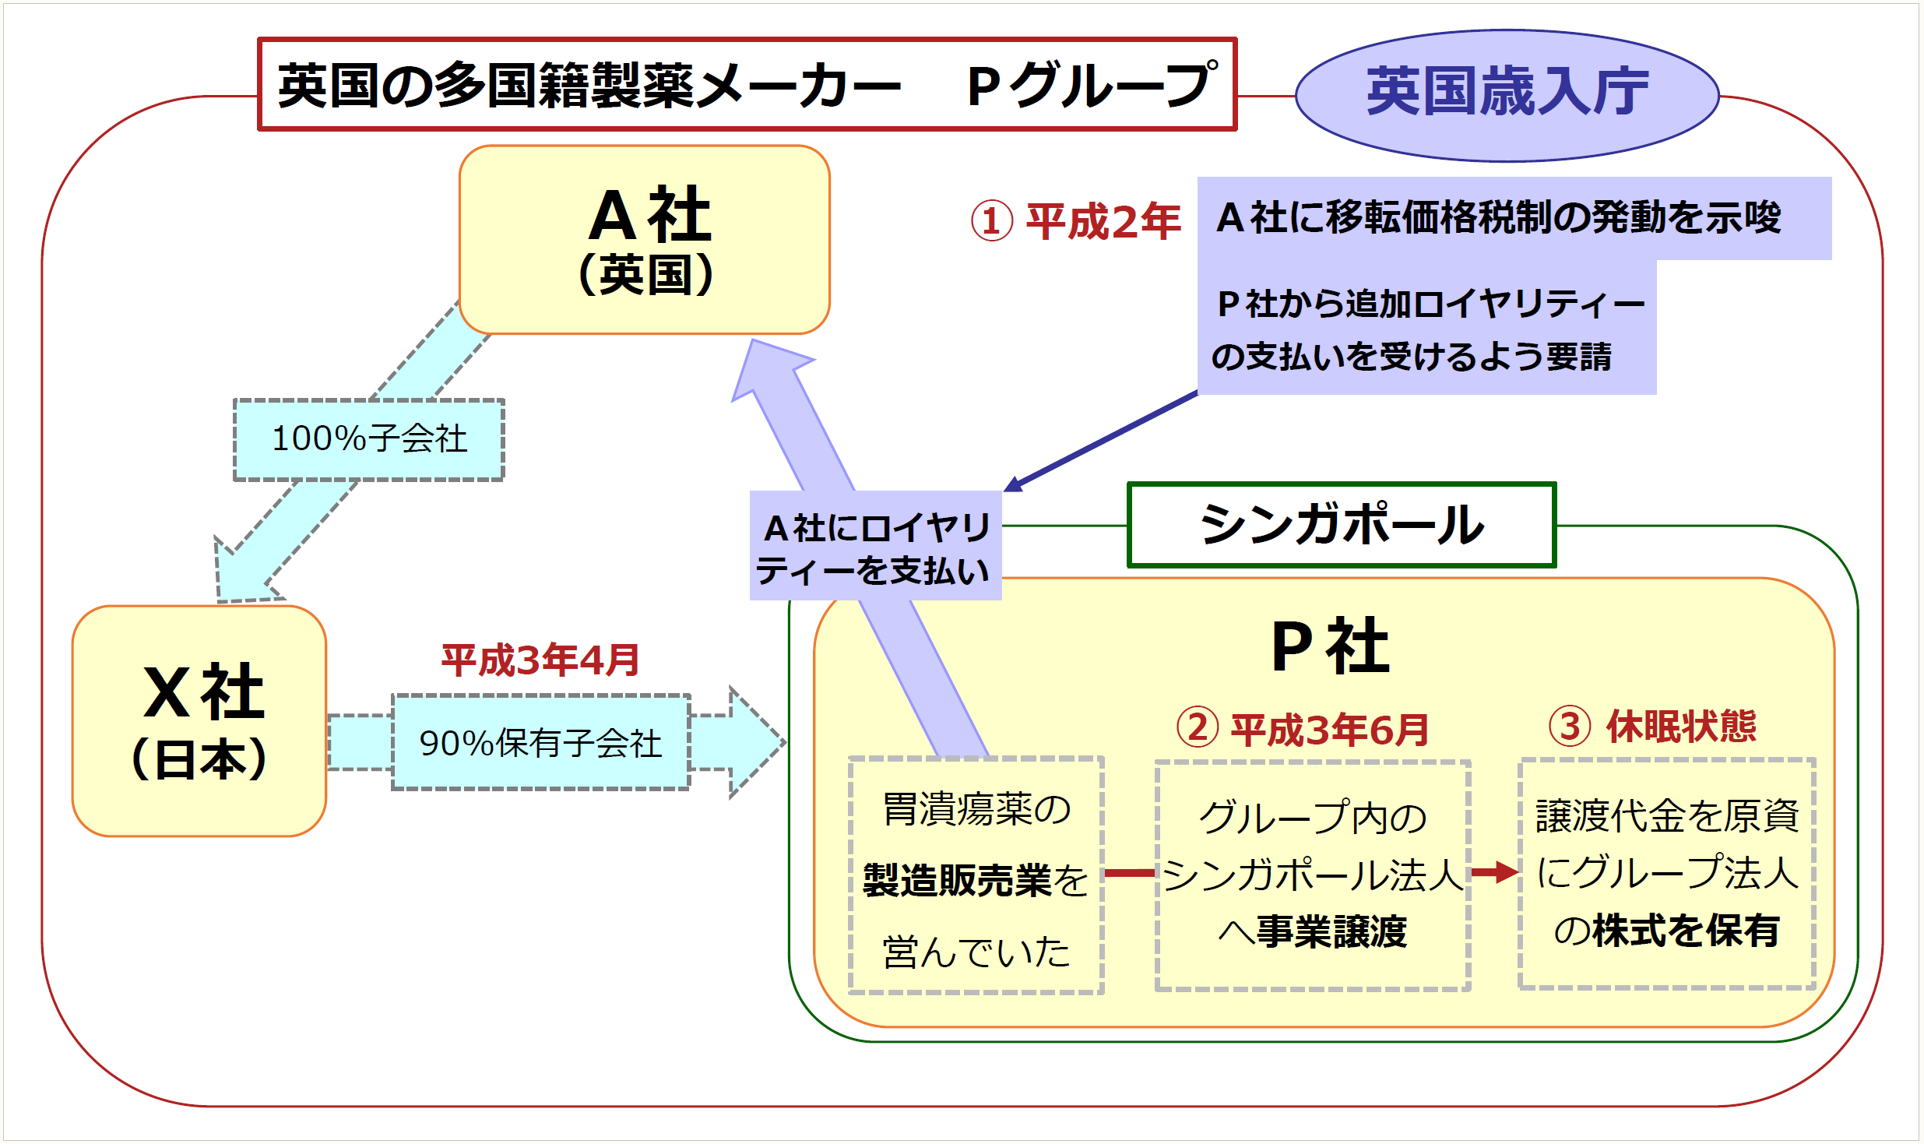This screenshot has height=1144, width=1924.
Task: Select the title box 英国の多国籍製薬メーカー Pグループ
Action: point(746,84)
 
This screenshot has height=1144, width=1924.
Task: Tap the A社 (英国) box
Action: point(645,239)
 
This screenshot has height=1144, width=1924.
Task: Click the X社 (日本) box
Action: point(199,720)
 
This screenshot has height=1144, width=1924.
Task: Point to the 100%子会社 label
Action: point(369,439)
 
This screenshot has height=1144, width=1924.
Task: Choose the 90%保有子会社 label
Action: point(540,743)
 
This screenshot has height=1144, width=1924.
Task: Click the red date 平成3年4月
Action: point(540,660)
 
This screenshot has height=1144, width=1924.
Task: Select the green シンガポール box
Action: point(1341,525)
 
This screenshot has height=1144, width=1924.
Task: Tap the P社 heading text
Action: point(1330,646)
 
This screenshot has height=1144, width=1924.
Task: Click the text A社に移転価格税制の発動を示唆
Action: point(1498,218)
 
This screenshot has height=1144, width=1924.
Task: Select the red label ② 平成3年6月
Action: point(1303,729)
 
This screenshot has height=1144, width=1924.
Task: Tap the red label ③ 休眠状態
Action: point(1652,726)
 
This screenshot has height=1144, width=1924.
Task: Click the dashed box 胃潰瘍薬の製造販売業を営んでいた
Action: point(976,875)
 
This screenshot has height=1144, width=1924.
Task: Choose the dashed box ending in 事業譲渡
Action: point(1313,875)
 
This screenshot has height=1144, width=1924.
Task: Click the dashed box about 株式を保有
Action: point(1666,874)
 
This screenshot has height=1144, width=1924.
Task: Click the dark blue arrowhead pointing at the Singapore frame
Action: point(1013,485)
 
